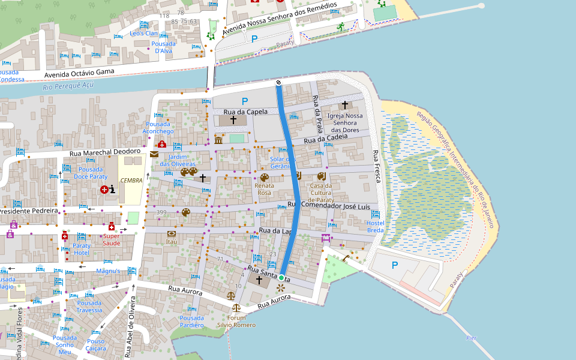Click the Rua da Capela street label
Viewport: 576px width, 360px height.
coord(245,112)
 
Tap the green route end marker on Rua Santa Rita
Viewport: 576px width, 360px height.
coord(281,277)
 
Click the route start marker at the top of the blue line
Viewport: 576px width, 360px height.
coord(278,83)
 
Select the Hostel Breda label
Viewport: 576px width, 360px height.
coord(376,226)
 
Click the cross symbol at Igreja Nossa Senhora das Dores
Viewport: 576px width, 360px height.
coord(345,105)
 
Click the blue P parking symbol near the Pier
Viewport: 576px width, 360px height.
coord(395,265)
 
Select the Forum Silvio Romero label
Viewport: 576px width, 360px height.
coord(237,322)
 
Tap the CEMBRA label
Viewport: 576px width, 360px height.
coord(131,180)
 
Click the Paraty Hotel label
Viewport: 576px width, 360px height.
coord(82,249)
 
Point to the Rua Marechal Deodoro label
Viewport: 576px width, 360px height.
coord(104,152)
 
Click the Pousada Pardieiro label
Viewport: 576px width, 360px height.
coord(192,321)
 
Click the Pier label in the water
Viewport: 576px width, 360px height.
coord(471,338)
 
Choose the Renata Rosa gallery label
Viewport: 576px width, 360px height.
coord(264,189)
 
